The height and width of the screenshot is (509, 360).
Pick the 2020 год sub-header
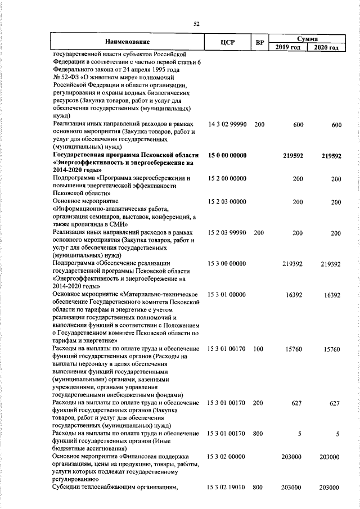pos(327,47)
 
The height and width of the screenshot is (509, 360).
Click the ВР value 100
pos(259,349)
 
